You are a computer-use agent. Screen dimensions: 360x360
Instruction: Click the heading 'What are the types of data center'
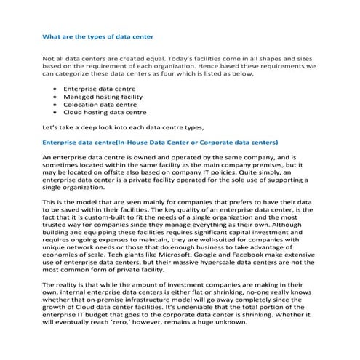point(97,34)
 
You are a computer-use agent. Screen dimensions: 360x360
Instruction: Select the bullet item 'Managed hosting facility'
point(103,96)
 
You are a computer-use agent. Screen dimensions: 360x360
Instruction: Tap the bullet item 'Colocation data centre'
point(100,104)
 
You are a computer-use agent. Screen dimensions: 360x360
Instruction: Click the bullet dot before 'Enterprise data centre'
point(55,88)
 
